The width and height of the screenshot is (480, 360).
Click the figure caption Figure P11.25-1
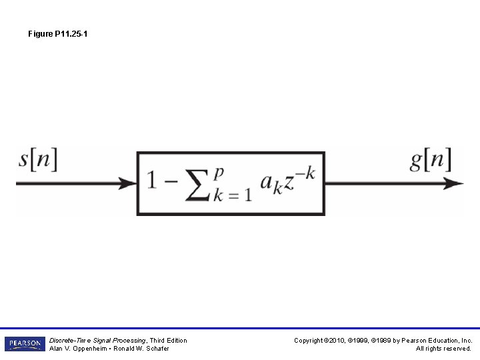[57, 33]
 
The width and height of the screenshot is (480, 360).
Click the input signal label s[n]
[38, 160]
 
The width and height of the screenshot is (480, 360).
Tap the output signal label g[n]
[430, 160]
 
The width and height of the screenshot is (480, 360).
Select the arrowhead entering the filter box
[129, 183]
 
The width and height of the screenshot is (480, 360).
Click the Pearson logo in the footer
[25, 344]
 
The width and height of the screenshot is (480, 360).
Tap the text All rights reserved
[443, 349]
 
